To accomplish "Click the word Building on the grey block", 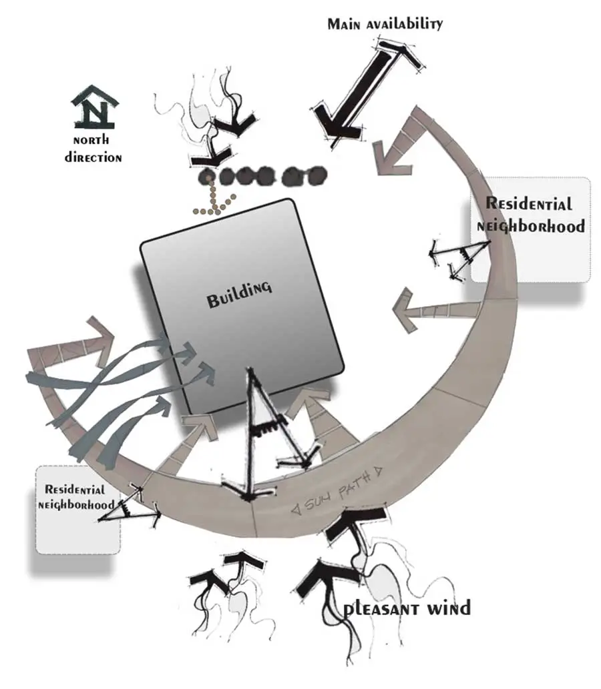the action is [x=239, y=294].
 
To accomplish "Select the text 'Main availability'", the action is [x=385, y=24].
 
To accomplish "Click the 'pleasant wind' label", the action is [x=407, y=608].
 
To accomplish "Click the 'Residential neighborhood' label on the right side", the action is [x=531, y=215].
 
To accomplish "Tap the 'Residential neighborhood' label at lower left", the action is [x=76, y=497].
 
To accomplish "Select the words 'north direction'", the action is [x=93, y=149].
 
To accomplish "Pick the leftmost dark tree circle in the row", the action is [x=207, y=177].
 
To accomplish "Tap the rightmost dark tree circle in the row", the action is [x=317, y=175].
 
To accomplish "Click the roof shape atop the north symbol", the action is [x=95, y=97].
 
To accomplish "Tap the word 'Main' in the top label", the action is [x=344, y=24].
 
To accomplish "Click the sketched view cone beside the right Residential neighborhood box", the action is [x=460, y=259].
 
